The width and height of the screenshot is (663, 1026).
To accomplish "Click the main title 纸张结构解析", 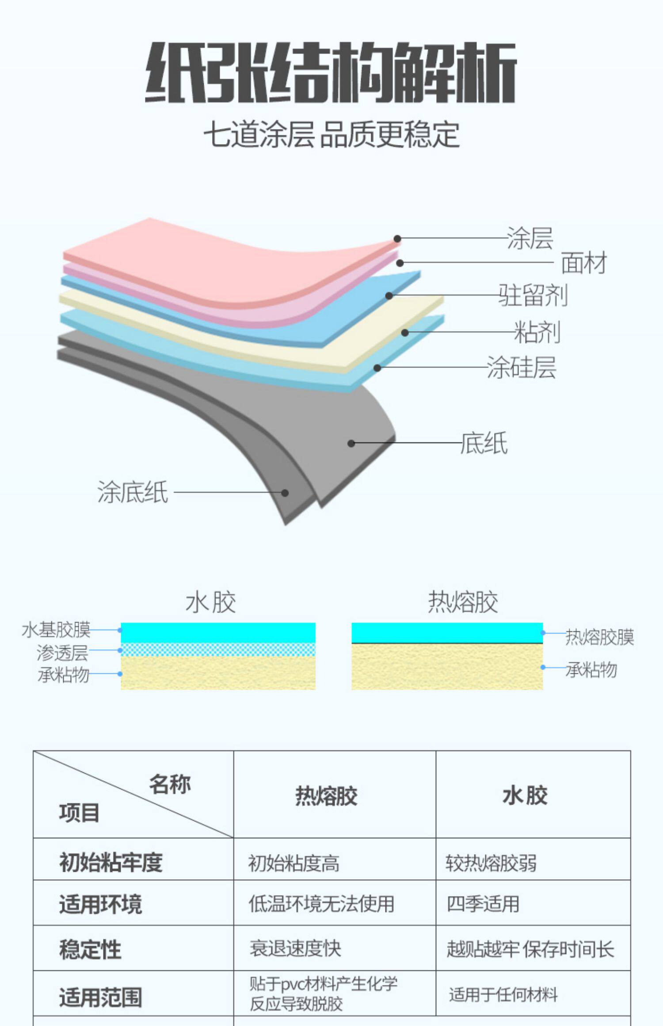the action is point(331,72).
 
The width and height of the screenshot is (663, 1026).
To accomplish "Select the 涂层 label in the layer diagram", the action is point(530,239).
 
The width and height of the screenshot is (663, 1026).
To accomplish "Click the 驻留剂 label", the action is point(533,295).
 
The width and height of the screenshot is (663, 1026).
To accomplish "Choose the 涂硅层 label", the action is point(521,367).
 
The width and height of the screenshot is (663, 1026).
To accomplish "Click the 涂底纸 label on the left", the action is point(133,492).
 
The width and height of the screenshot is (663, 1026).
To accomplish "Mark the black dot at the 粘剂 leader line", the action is point(405,332).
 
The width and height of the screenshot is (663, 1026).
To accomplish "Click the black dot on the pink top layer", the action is point(397,239).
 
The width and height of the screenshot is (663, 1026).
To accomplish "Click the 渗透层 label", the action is point(62,652).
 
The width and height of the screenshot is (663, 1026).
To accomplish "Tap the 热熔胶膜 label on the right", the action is point(600,637).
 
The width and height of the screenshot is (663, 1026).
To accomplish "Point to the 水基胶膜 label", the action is point(56,630).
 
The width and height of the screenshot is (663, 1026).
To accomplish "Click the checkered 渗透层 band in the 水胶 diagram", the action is point(218,650).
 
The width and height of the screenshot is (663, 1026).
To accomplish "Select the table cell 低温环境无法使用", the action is point(321,904).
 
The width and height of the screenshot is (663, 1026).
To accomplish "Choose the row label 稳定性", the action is point(90,950).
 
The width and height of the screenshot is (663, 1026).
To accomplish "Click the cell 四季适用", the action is point(483,904).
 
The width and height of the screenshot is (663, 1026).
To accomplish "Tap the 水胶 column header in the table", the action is point(525,796).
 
